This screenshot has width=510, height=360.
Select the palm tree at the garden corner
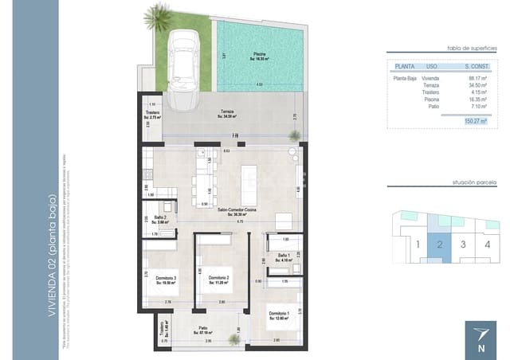[x=153, y=16]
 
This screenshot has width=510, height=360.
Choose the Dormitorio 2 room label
[x=218, y=279]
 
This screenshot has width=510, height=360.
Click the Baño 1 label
[x=283, y=256]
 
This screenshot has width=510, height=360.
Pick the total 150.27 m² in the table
[x=473, y=121]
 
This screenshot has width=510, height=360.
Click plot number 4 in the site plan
[x=487, y=244]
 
